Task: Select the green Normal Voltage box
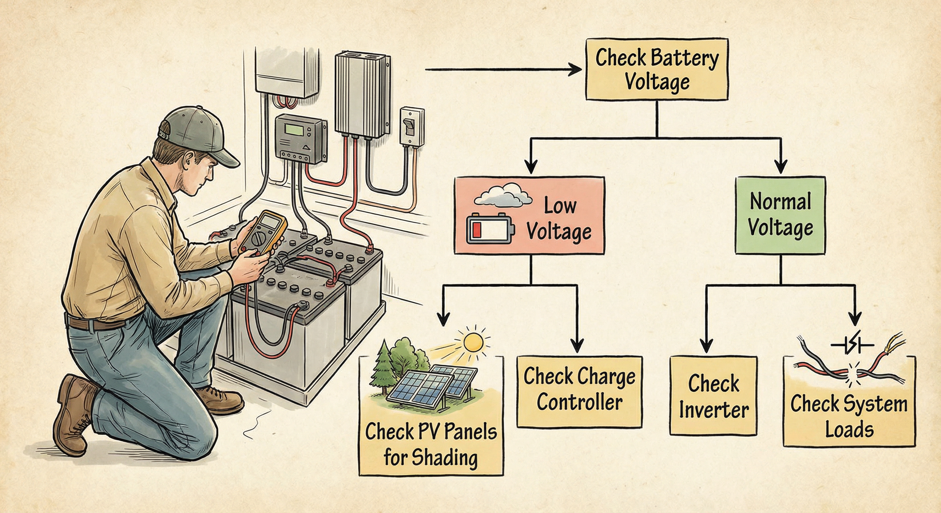coord(780,215)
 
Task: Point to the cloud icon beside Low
coord(503,197)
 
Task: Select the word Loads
coord(849,430)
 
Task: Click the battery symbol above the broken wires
coord(852,345)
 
